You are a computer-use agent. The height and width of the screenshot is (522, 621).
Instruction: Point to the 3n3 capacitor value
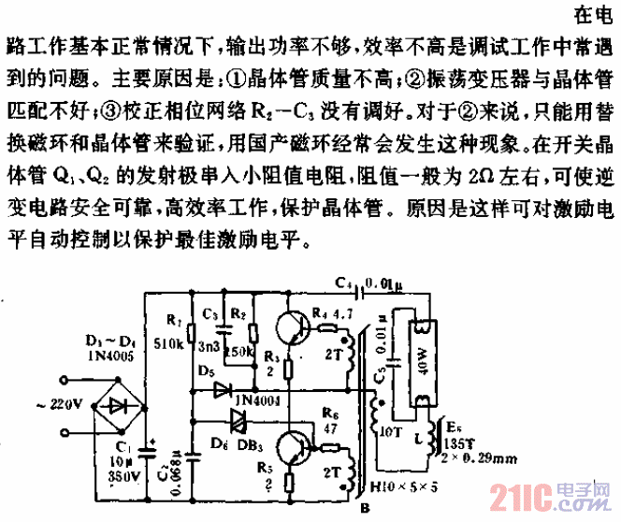click(208, 346)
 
